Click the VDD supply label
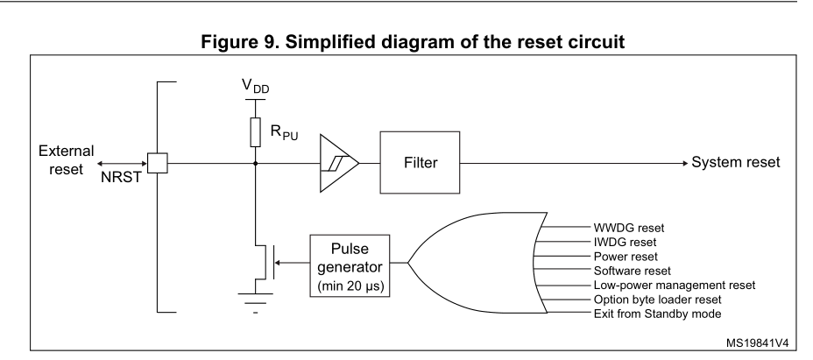click(255, 90)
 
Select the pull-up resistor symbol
click(255, 131)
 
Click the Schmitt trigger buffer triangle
click(338, 163)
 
